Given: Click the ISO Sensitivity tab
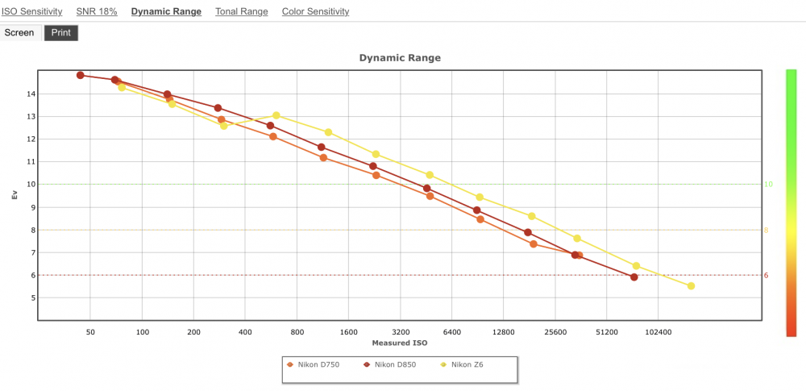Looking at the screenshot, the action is coord(32,11).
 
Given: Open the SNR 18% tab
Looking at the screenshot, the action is coord(97,11).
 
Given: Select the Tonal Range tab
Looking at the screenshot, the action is coord(242,11).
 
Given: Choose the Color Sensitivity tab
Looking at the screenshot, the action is coord(316,11).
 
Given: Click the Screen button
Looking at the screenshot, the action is coord(19,33).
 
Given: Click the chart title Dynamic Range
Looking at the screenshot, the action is coord(400,58).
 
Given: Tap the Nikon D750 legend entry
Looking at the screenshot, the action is coord(313,364).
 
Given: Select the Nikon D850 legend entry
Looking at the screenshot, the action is coord(389,364).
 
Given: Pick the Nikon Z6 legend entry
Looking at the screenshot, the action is coord(462,364).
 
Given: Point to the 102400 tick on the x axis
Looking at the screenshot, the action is coord(659,332).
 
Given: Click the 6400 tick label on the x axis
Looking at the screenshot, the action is coord(452,332).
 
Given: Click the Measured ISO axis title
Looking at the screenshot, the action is coord(400,343).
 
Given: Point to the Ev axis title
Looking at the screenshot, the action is coord(15,195).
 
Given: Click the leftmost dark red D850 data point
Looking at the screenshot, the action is coord(80,75).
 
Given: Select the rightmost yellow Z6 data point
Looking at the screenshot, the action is coord(691,286).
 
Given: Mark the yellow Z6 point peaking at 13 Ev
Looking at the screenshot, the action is coord(276,115).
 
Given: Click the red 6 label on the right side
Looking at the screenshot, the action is coord(766,275).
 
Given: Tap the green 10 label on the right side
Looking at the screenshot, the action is coord(768,184).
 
